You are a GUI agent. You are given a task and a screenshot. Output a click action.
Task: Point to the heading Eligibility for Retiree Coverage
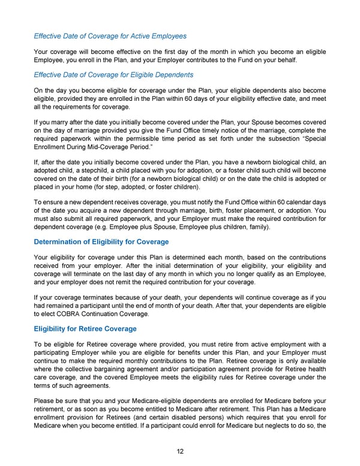point(85,328)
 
